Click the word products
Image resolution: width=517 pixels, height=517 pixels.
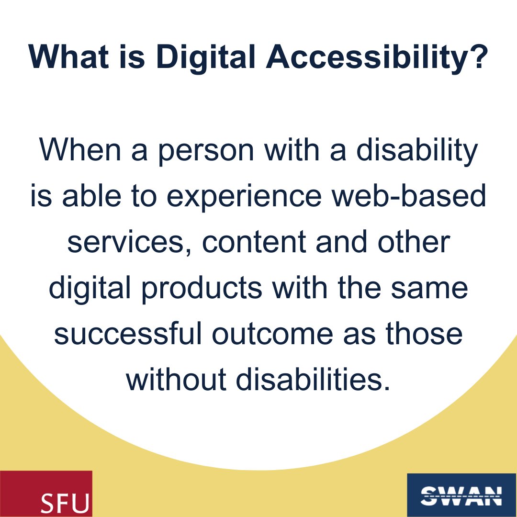click(x=191, y=289)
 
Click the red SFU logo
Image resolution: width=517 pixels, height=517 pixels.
click(x=46, y=494)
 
